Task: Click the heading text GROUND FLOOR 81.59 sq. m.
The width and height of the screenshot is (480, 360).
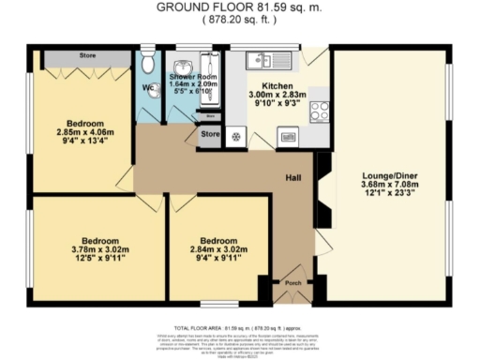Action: pyautogui.click(x=240, y=7)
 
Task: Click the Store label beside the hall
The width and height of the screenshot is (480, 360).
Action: pyautogui.click(x=210, y=136)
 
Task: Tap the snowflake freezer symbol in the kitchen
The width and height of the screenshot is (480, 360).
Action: pyautogui.click(x=235, y=137)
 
